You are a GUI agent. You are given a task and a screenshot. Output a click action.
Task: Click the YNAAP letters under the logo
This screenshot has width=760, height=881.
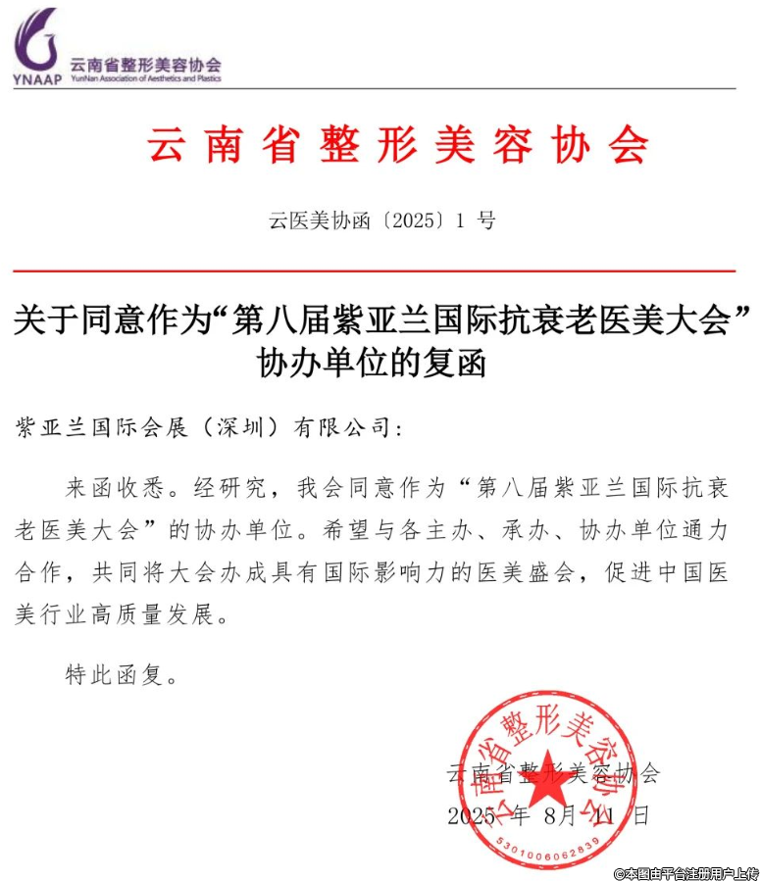click(x=36, y=79)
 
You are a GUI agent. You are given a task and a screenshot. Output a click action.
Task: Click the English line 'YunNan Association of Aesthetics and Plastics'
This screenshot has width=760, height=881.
click(x=145, y=78)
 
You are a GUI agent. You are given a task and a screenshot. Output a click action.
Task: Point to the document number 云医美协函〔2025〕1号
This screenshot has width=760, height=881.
click(x=381, y=220)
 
